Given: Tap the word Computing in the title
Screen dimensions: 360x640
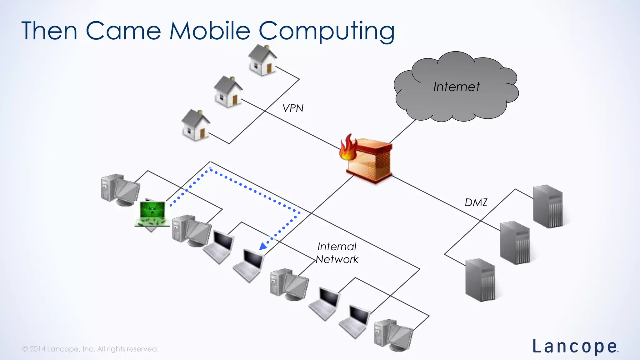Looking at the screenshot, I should click(x=326, y=31).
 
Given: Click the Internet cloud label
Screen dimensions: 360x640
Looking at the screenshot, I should click(x=456, y=87).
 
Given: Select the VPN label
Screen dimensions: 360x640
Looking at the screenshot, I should click(x=293, y=108).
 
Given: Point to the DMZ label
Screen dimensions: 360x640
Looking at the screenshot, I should click(x=476, y=202).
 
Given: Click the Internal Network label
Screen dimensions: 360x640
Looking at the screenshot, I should click(x=337, y=253).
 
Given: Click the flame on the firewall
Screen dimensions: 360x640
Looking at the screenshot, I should click(x=348, y=147).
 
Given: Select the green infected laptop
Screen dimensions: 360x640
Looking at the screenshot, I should click(x=152, y=214).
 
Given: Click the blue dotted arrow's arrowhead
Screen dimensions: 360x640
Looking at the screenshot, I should click(x=263, y=246).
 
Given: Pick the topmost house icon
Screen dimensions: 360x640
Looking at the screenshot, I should click(x=262, y=60).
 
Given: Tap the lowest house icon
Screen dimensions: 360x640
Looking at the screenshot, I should click(x=196, y=125).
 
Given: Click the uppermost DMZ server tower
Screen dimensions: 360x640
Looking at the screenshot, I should click(x=548, y=206).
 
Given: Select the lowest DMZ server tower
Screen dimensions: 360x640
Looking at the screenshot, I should click(x=480, y=280).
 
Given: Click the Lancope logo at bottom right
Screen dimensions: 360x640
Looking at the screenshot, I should click(x=575, y=347).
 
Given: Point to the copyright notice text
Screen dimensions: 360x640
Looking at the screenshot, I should click(x=90, y=349).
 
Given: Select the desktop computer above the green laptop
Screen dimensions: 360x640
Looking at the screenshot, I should click(x=120, y=189).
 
